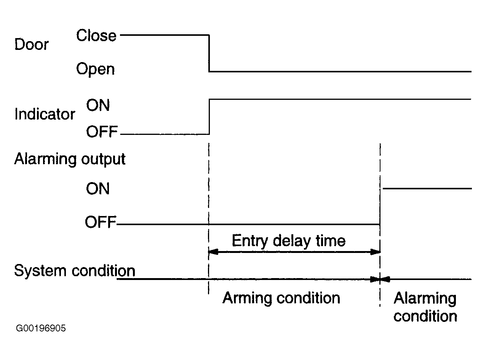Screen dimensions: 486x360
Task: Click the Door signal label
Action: tap(32, 44)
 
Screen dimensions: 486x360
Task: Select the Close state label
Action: tap(96, 35)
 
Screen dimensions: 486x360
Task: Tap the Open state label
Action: tap(95, 69)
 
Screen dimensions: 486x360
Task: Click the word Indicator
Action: tap(45, 114)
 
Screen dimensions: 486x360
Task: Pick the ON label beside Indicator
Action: tap(98, 105)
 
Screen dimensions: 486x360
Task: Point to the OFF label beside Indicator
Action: tap(102, 131)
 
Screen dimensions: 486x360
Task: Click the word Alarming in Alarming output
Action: tap(45, 159)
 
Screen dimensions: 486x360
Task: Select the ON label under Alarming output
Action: tap(98, 189)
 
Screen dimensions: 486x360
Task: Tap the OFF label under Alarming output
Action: tap(101, 222)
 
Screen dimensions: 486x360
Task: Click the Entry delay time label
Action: tap(289, 241)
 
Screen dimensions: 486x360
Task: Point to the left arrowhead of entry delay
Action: tap(213, 252)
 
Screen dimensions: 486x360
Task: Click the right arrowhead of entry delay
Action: tap(375, 252)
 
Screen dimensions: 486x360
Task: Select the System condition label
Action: tap(75, 271)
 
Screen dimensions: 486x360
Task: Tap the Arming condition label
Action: tap(281, 298)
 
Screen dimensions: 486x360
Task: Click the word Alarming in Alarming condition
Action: tap(425, 299)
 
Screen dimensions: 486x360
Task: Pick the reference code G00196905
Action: tap(41, 328)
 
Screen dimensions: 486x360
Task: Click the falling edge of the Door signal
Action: tap(209, 53)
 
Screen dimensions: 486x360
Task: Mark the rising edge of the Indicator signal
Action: tap(209, 117)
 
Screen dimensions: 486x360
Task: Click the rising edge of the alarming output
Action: tap(380, 206)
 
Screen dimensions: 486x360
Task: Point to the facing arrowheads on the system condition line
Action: tap(380, 279)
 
